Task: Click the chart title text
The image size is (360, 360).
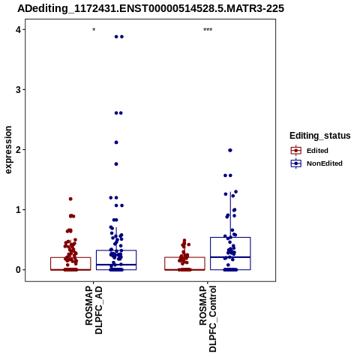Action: [x=151, y=8]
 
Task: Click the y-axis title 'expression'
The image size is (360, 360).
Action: [x=8, y=150]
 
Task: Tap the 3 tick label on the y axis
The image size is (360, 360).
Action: [x=18, y=90]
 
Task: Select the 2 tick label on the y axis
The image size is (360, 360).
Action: [x=18, y=150]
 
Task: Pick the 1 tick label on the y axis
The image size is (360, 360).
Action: [x=18, y=210]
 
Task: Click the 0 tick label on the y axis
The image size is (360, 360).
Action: [x=18, y=270]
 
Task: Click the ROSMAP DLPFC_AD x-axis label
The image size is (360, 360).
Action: [x=94, y=310]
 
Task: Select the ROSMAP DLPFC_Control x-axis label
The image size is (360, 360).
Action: [x=208, y=319]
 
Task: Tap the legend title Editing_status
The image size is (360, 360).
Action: [x=320, y=136]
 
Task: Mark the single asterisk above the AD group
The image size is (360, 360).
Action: [x=94, y=30]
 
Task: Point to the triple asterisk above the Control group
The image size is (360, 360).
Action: [x=208, y=30]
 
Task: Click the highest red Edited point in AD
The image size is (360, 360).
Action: [x=70, y=199]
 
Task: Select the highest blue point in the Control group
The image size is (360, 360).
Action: [x=230, y=150]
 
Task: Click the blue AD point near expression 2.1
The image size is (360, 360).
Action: [x=116, y=142]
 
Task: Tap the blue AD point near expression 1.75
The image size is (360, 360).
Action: [x=116, y=164]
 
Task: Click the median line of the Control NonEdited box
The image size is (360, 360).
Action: [x=230, y=257]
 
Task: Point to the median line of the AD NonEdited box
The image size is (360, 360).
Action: [x=116, y=265]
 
